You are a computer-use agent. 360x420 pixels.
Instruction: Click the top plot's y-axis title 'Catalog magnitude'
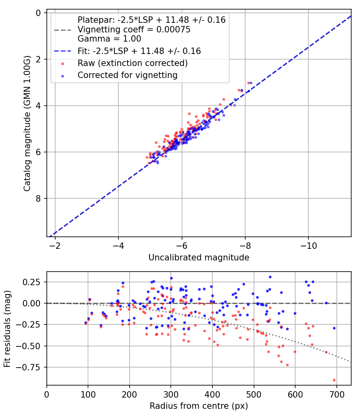coord(27,124)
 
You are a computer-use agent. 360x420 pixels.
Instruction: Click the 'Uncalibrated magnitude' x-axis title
coord(199,258)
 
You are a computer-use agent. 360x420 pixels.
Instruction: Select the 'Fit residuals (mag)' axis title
coord(7,328)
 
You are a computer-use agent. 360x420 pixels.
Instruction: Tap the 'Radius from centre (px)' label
coord(199,406)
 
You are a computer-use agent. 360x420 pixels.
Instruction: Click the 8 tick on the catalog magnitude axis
coord(39,198)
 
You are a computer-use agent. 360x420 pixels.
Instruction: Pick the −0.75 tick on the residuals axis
coord(33,367)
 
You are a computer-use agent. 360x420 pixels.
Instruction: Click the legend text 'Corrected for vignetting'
coord(127,75)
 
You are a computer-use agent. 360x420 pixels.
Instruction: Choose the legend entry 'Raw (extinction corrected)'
coord(132,63)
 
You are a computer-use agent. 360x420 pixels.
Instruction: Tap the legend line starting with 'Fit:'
coord(139,51)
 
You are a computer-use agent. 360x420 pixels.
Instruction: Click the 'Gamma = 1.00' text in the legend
coord(109,39)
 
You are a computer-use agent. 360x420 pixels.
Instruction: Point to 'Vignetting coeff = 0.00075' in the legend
coord(134,30)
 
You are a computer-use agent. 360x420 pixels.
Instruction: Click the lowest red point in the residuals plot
coord(334,380)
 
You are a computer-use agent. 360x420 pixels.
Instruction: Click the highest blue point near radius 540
coord(270,277)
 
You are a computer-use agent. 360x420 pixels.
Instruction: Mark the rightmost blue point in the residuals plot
coord(334,328)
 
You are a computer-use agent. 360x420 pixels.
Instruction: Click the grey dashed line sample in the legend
coord(62,30)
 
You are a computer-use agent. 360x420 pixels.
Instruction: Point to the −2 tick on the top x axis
coord(55,245)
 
